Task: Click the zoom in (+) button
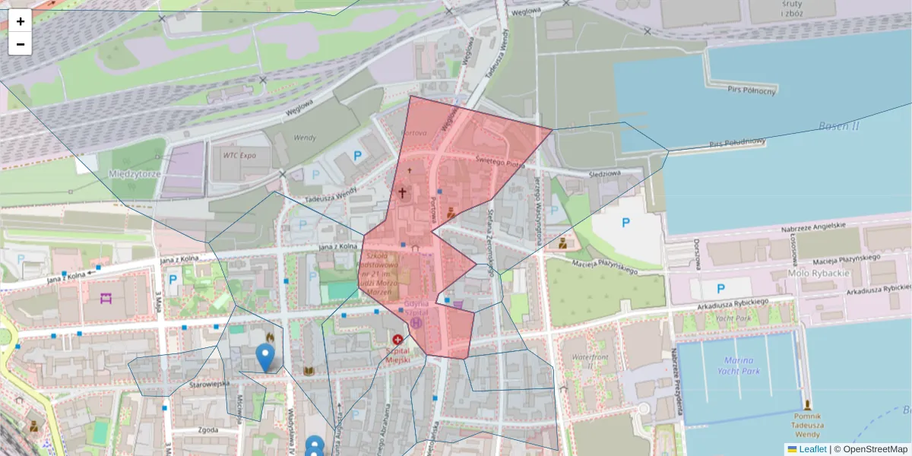[x=21, y=21]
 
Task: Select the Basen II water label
[x=839, y=126]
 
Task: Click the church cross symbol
[x=402, y=193]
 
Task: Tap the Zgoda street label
[x=207, y=429]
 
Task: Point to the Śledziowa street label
[x=604, y=174]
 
